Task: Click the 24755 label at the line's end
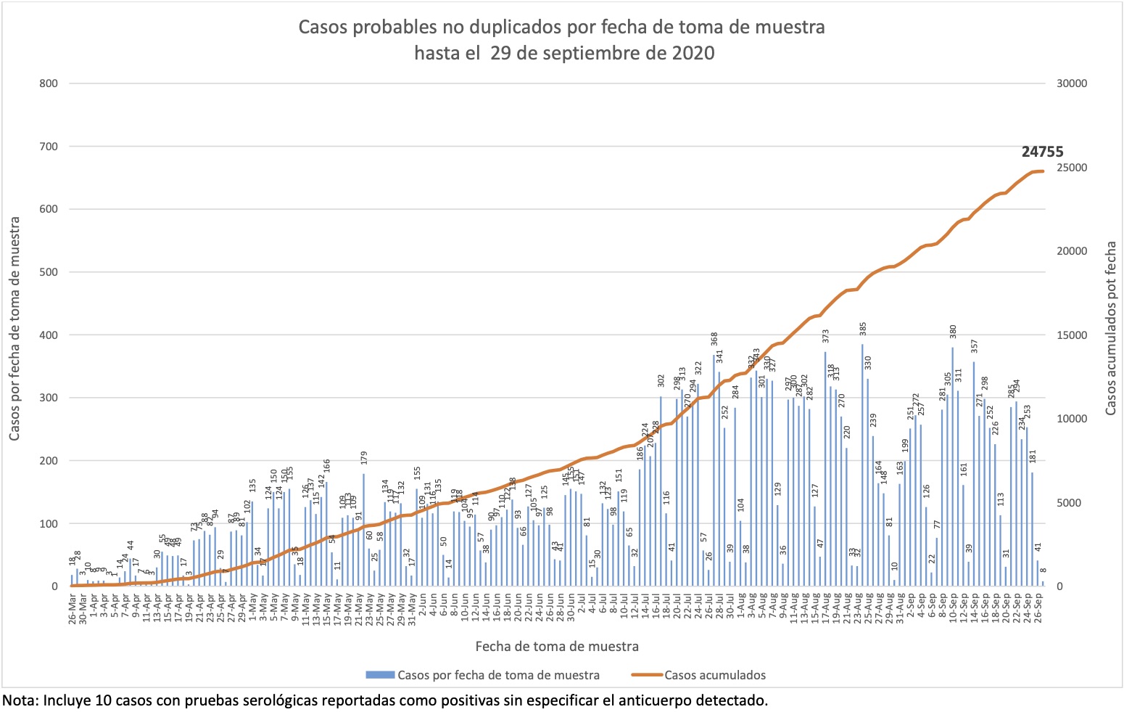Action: coord(1042,152)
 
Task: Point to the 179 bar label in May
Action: coord(364,458)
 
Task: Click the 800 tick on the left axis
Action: coord(49,83)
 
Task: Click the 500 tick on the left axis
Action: coord(49,272)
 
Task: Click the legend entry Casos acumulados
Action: coord(714,675)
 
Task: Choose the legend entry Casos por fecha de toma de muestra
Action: coord(498,675)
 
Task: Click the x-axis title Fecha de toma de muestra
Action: coord(557,646)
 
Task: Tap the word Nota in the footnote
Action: coord(20,700)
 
